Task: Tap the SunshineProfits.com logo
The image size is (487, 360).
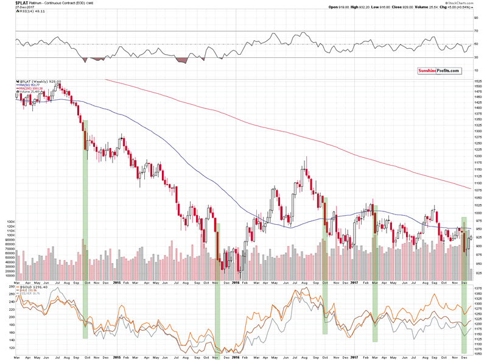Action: [437, 71]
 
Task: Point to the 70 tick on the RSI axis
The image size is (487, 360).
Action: [475, 31]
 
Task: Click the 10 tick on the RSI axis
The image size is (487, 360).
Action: [475, 71]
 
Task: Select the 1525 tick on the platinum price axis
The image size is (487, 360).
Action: [477, 80]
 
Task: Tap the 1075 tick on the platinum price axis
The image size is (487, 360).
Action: [477, 189]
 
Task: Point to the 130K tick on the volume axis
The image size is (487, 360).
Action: [10, 222]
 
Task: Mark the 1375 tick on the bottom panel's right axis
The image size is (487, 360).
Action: [477, 294]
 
